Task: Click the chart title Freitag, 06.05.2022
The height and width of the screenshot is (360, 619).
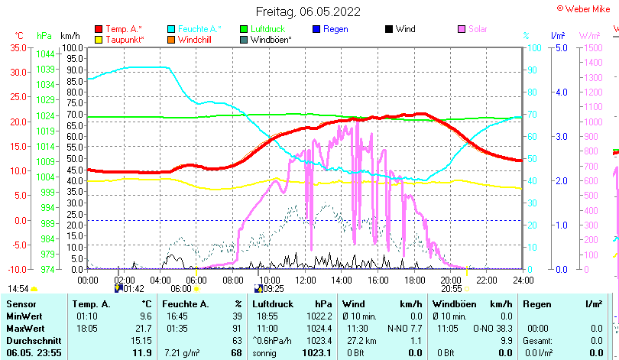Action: click(309, 11)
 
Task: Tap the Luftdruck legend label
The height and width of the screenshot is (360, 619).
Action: click(267, 29)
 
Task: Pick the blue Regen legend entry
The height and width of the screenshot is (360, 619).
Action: click(335, 29)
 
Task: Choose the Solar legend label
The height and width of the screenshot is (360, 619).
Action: click(478, 29)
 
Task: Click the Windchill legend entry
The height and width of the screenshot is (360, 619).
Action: click(196, 39)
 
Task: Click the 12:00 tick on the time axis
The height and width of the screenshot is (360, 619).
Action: click(305, 280)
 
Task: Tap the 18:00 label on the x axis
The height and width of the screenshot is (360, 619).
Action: click(414, 280)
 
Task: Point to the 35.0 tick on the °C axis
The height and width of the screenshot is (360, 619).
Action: click(18, 47)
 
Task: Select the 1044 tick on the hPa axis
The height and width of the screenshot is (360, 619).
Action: click(45, 54)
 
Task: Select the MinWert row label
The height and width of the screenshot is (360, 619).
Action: click(24, 316)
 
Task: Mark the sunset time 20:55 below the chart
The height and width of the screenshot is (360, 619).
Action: click(452, 289)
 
